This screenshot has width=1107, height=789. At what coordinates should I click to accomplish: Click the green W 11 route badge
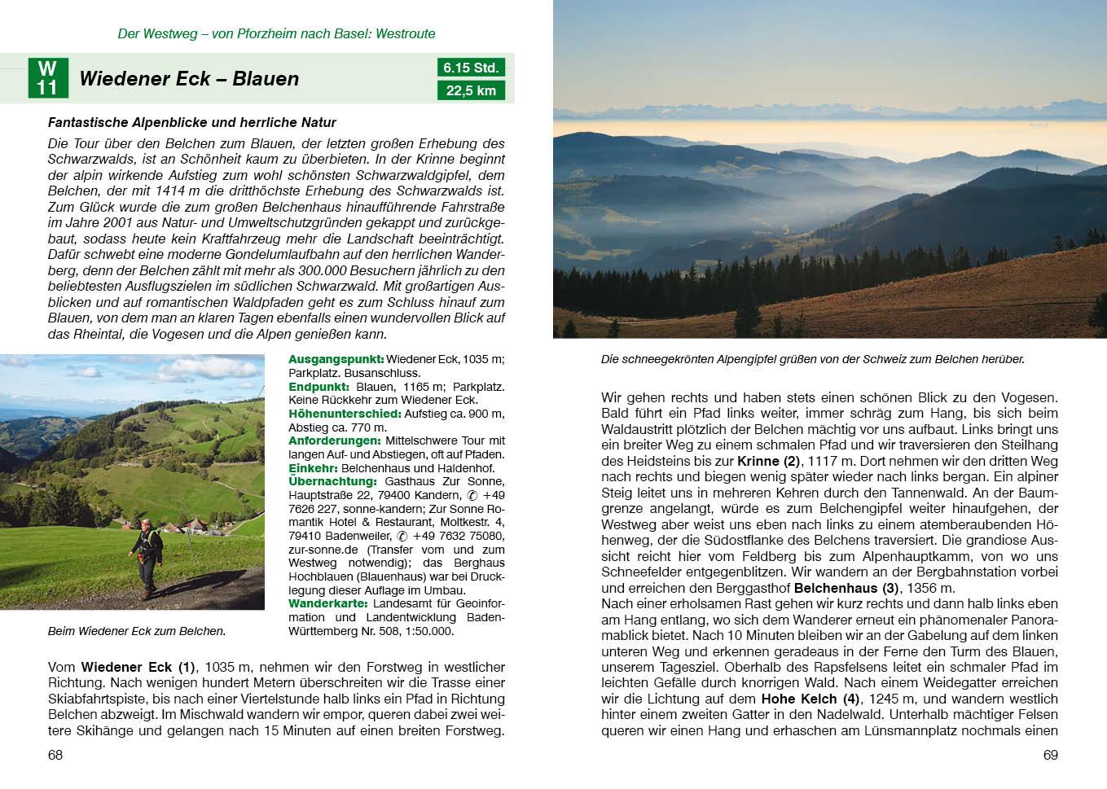pyautogui.click(x=47, y=78)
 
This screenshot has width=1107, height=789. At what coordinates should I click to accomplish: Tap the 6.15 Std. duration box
pyautogui.click(x=471, y=68)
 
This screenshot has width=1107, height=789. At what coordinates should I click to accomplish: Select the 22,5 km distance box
pyautogui.click(x=471, y=90)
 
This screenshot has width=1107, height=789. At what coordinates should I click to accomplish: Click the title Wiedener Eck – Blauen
pyautogui.click(x=189, y=79)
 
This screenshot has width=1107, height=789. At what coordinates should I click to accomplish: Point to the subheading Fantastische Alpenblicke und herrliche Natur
pyautogui.click(x=192, y=122)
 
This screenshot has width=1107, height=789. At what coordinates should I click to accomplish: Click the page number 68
pyautogui.click(x=55, y=755)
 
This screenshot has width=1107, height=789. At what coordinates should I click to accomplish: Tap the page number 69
pyautogui.click(x=1051, y=755)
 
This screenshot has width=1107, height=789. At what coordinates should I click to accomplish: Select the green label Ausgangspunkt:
pyautogui.click(x=336, y=359)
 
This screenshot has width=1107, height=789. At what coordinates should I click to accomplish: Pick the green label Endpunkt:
pyautogui.click(x=318, y=387)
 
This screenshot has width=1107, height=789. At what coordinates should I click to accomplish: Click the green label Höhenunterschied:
pyautogui.click(x=345, y=414)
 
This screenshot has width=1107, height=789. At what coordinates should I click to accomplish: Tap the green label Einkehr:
pyautogui.click(x=313, y=468)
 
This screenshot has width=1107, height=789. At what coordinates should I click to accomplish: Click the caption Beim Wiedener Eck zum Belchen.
pyautogui.click(x=137, y=631)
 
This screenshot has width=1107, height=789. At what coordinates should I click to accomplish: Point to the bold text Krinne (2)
pyautogui.click(x=769, y=461)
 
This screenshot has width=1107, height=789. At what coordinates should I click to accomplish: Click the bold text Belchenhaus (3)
pyautogui.click(x=846, y=588)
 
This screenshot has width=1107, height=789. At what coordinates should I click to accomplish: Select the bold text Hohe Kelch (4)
pyautogui.click(x=810, y=699)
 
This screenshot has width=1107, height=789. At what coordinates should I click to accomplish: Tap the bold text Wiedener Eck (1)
pyautogui.click(x=138, y=667)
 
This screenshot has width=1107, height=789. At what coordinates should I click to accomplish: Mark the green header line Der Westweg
pyautogui.click(x=276, y=33)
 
